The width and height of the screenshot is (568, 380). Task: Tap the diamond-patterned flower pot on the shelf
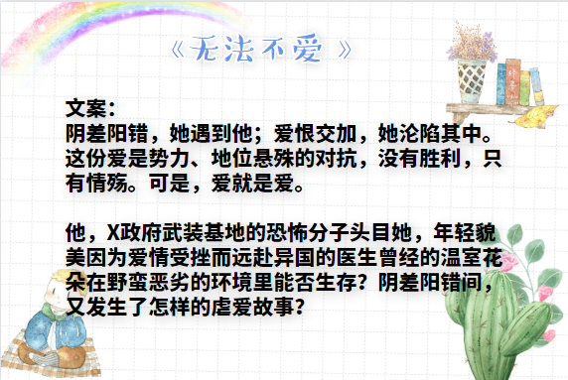click(x=472, y=78)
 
